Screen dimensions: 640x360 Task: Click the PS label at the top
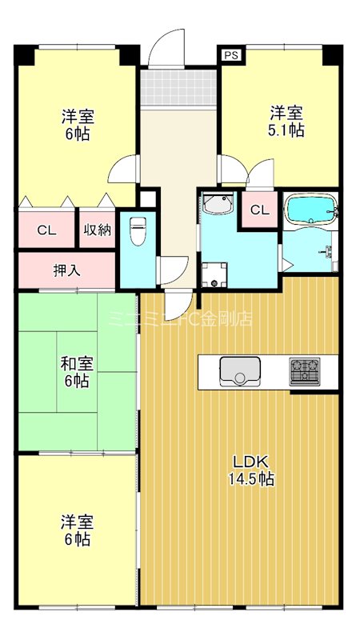tap(231, 55)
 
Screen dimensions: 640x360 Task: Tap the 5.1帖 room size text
tap(286, 130)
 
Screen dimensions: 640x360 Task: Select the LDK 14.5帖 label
tap(254, 470)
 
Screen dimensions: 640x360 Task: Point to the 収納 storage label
tap(97, 230)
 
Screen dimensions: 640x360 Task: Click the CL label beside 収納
tap(46, 230)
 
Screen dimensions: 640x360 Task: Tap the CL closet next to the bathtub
tap(259, 210)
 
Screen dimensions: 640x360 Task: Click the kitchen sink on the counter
tap(238, 370)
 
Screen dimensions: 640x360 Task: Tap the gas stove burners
tap(305, 370)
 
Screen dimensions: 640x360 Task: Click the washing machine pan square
tap(214, 275)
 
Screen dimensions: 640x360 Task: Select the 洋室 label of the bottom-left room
tap(77, 522)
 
